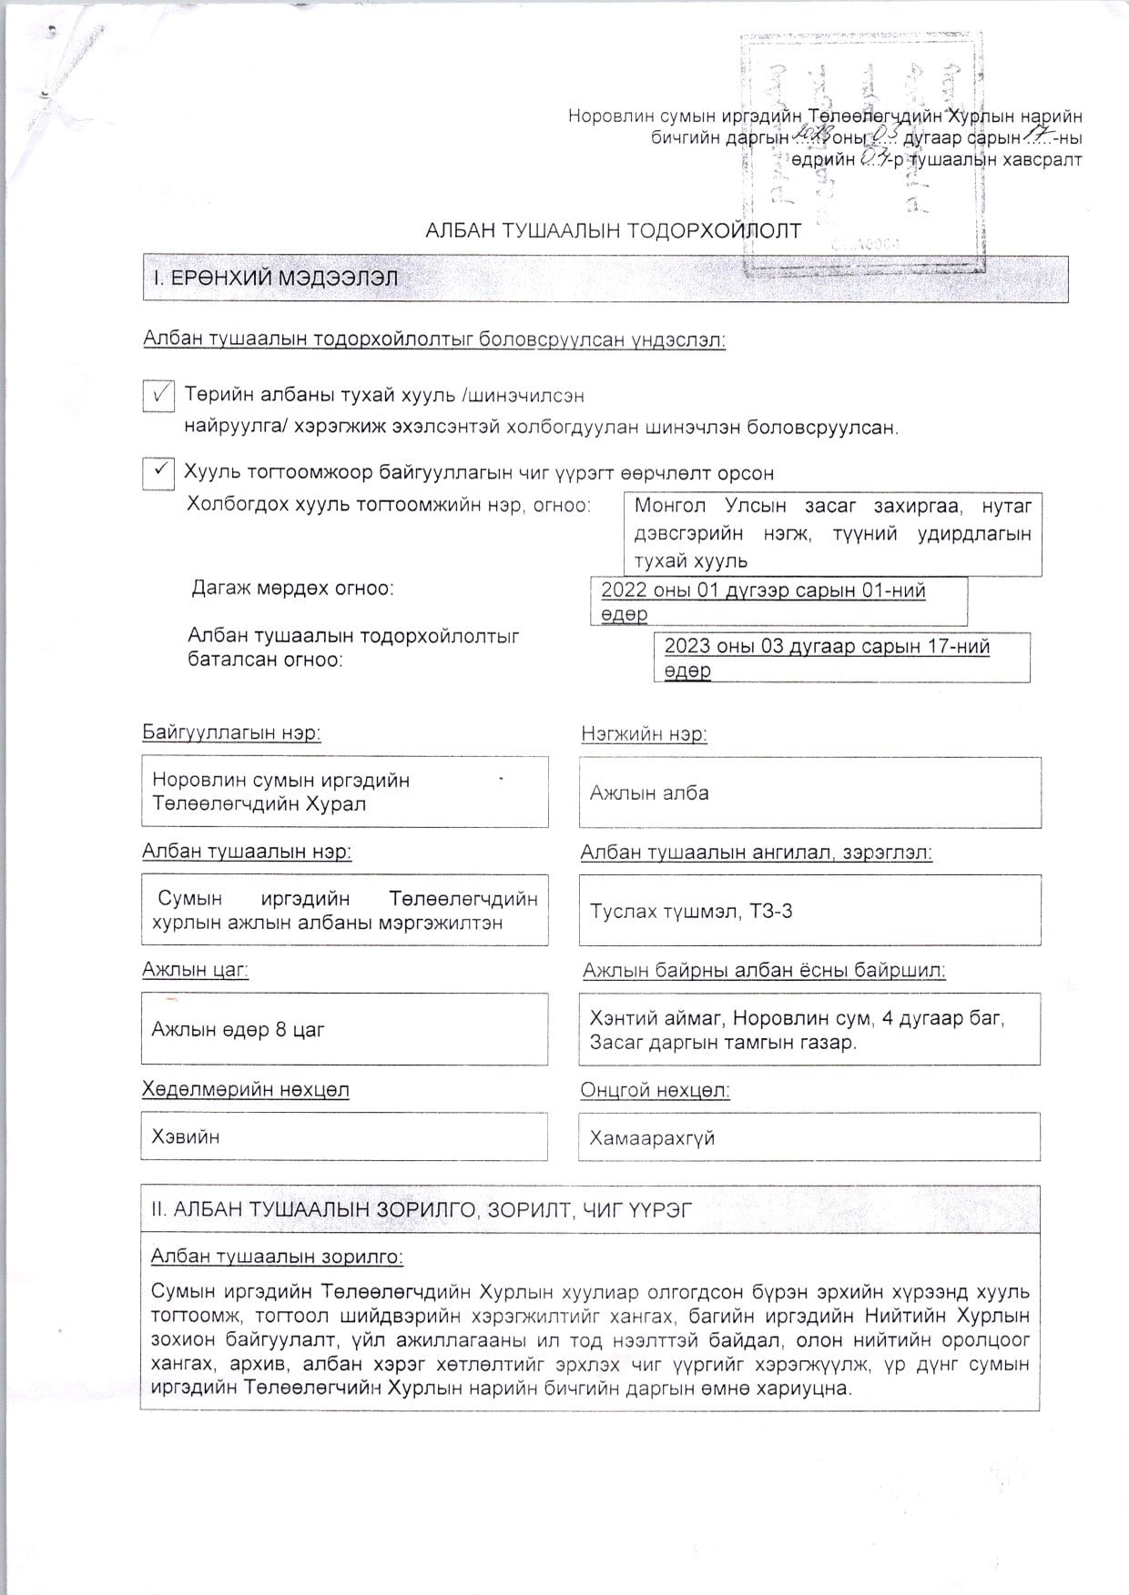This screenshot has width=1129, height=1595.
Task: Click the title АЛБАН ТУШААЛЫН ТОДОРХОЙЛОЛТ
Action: [x=613, y=231]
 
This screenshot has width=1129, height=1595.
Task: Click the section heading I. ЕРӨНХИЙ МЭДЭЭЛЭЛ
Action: [x=270, y=278]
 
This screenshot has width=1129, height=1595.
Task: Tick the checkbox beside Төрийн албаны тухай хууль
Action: [x=158, y=396]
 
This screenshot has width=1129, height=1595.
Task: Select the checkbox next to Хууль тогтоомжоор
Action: [x=158, y=472]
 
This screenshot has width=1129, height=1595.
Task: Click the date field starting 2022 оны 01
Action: [x=778, y=601]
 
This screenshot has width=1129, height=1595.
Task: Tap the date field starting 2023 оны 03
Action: [x=841, y=658]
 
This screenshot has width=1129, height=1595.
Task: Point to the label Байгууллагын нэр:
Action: [x=231, y=732]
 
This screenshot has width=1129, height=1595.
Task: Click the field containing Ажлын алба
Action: [x=809, y=792]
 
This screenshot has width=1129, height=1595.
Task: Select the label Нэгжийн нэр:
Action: [x=644, y=734]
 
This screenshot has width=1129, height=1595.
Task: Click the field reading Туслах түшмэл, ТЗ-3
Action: [x=809, y=911]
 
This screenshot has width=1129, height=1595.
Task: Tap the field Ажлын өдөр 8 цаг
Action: [x=344, y=1029]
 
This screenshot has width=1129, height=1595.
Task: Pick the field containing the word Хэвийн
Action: [x=344, y=1136]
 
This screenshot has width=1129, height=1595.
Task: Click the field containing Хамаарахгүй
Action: [x=809, y=1137]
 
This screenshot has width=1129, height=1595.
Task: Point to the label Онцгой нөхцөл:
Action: [x=655, y=1090]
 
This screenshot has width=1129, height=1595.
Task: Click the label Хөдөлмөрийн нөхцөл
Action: [x=246, y=1089]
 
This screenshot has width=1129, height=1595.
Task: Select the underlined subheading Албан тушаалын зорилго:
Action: [x=277, y=1257]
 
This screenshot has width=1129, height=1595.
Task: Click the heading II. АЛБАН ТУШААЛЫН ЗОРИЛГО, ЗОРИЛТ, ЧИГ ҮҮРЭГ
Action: [x=422, y=1209]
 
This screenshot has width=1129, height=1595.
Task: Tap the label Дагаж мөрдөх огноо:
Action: [x=292, y=588]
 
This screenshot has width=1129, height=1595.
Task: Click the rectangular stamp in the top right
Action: [x=862, y=155]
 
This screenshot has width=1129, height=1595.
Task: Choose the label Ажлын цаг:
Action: [x=195, y=970]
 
